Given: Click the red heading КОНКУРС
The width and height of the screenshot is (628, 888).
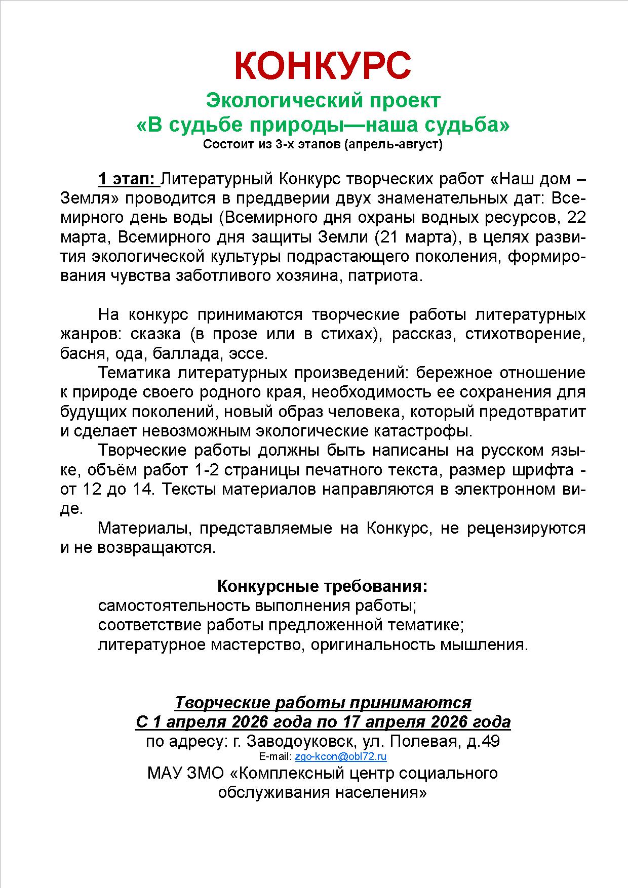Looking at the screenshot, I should coord(323,65).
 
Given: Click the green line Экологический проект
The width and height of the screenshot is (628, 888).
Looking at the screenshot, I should coord(323,101).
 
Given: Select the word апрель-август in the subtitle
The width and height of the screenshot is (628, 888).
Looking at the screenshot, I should coord(392,145).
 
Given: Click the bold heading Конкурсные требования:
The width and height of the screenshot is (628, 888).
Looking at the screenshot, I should coord(323,586).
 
